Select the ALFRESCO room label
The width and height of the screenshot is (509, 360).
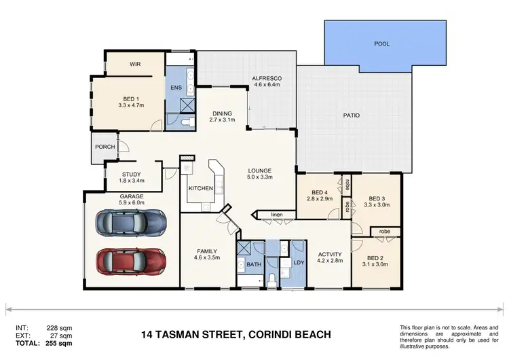267,79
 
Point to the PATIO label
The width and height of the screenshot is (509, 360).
351,115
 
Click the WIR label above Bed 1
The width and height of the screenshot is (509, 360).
134,65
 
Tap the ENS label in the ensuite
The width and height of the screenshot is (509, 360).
176,88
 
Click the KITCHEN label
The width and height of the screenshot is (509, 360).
201,188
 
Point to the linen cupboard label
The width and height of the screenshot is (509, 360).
277,215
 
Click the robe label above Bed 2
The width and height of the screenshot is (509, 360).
384,232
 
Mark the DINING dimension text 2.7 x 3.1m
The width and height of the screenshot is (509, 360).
221,120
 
